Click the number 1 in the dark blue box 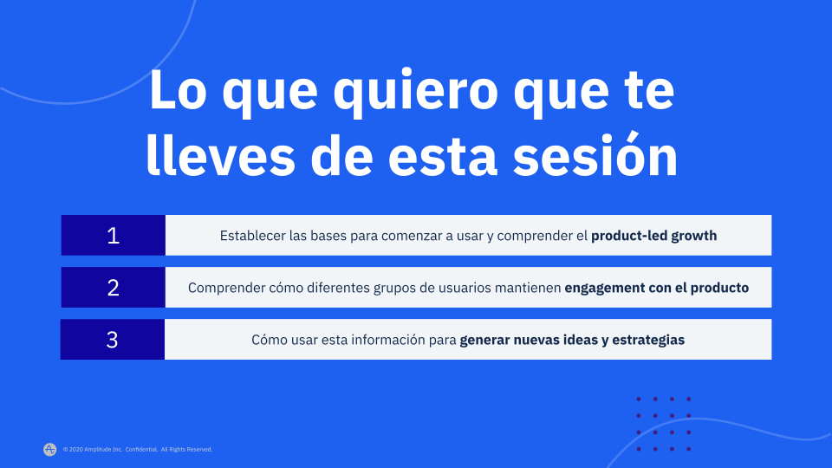tap(113, 236)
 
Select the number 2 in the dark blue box tap(113, 288)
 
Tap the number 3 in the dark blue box tap(112, 340)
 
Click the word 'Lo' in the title tap(178, 89)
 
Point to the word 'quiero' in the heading tap(415, 92)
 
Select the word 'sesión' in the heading tap(595, 154)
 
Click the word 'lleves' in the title tap(220, 154)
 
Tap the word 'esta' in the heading tap(443, 156)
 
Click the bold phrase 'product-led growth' tap(653, 236)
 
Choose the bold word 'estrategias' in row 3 tap(648, 340)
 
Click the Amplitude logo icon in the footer tap(50, 450)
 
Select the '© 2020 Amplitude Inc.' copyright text tap(93, 450)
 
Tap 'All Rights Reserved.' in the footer tap(187, 450)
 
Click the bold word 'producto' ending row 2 tap(719, 288)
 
